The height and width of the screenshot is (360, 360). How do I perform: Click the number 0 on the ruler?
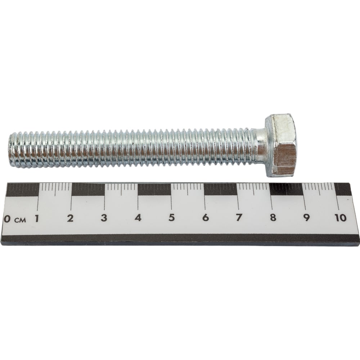coord(7,219)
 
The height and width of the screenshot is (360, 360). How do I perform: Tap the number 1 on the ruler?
coord(36,218)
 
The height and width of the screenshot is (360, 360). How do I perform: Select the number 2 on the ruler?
coord(70,218)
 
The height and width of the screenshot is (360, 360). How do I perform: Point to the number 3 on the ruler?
coord(104,218)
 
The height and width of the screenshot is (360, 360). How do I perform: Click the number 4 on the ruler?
coord(138,218)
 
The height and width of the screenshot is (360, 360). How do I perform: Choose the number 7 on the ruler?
coord(239,217)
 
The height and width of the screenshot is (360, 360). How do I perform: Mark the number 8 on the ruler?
coord(273,217)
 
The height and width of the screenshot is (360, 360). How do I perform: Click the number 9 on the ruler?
coord(306,217)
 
